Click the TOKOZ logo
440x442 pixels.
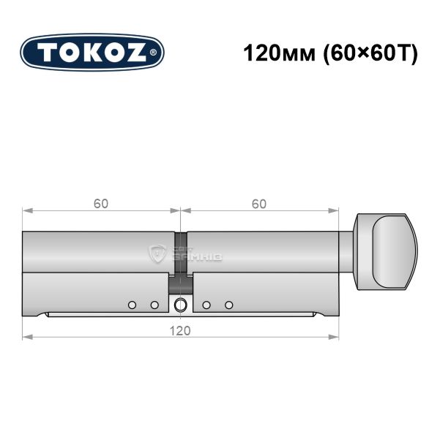pos(92,53)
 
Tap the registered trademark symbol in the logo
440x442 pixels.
pos(153,53)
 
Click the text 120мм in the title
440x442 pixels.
pos(279,53)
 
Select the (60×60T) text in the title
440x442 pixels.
pos(370,53)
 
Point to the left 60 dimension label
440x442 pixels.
pos(101,204)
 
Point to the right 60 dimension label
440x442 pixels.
pos(259,204)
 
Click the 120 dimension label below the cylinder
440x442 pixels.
pos(180,331)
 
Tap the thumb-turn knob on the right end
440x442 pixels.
pos(386,252)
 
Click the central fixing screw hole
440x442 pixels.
pos(180,305)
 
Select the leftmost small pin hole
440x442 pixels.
pos(132,305)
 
